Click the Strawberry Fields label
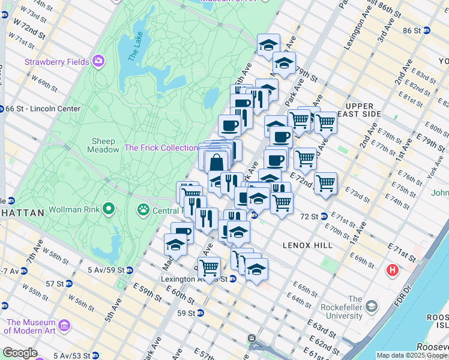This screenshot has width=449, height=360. pos(57,62)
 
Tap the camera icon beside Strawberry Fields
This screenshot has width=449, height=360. pos(98,61)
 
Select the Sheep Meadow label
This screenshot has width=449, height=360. pos(103,145)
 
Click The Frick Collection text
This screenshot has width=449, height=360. pos(160,148)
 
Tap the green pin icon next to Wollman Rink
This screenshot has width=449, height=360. pos(109,209)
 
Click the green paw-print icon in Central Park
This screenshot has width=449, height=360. pos(143,210)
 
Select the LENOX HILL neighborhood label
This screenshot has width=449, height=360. pos(304,245)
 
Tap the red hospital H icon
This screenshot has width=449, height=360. pos(393,271)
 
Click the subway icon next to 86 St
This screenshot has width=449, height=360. pos(426,31)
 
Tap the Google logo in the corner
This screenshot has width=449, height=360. pos(20,353)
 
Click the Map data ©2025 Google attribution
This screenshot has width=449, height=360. pos(411,355)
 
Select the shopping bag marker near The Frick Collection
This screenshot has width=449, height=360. pos(216,162)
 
